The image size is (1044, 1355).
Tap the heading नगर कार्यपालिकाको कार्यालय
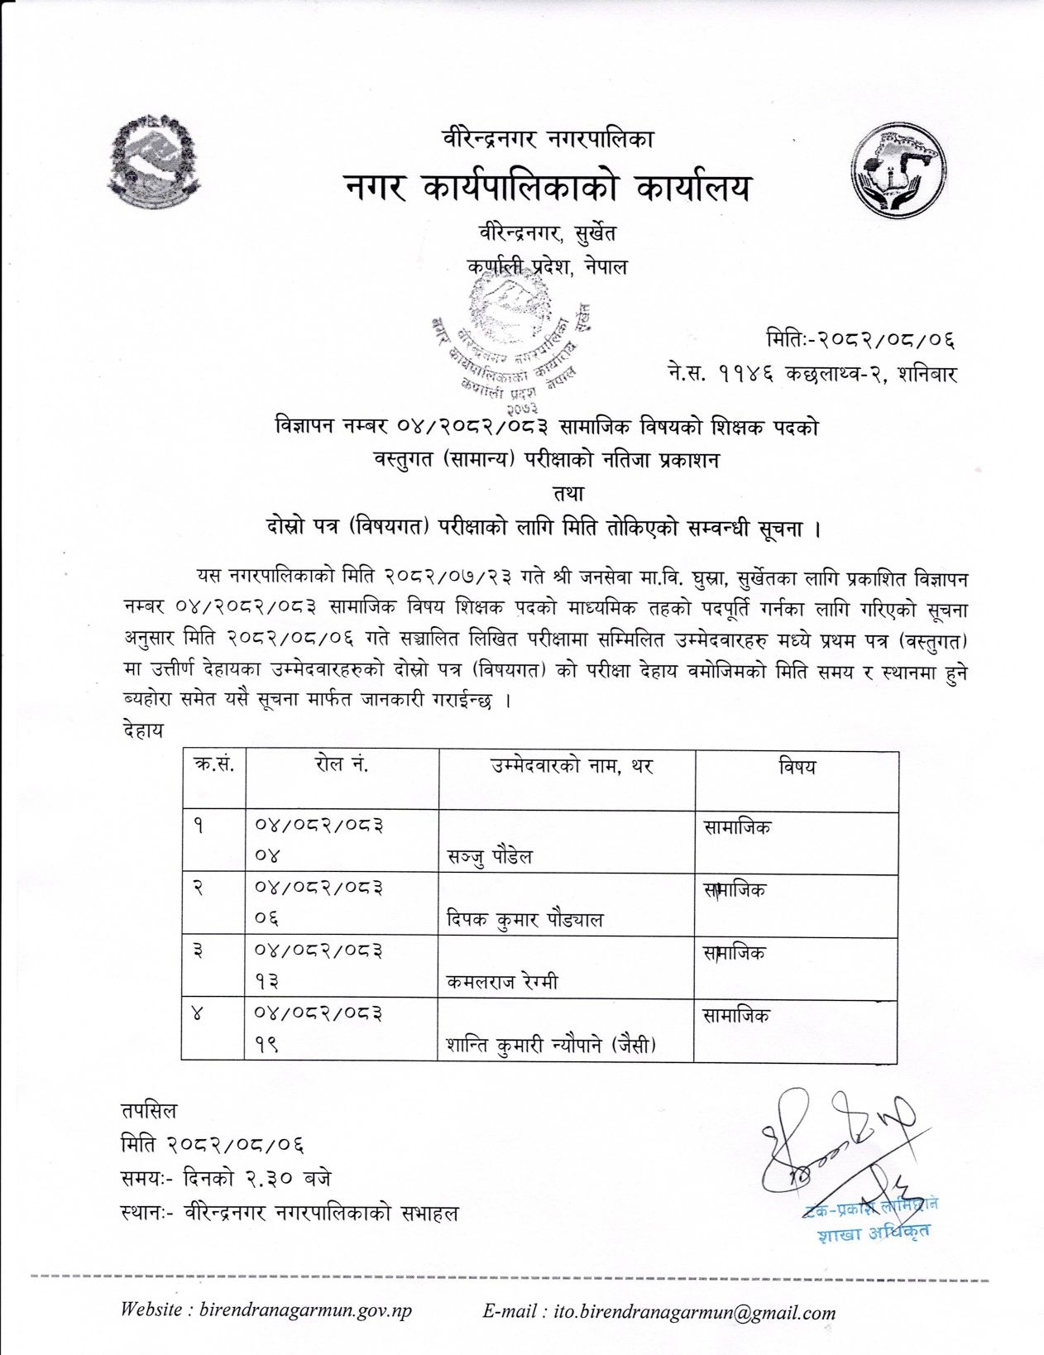[548, 189]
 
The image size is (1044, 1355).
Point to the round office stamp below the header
[511, 345]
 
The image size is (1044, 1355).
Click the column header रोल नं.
[341, 766]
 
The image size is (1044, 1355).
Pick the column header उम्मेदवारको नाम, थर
[572, 767]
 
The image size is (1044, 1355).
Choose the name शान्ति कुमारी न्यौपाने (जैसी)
[550, 1046]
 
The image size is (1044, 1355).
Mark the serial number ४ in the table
[198, 1013]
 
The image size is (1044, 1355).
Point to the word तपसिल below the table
[148, 1111]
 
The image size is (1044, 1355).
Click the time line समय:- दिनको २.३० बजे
[226, 1179]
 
